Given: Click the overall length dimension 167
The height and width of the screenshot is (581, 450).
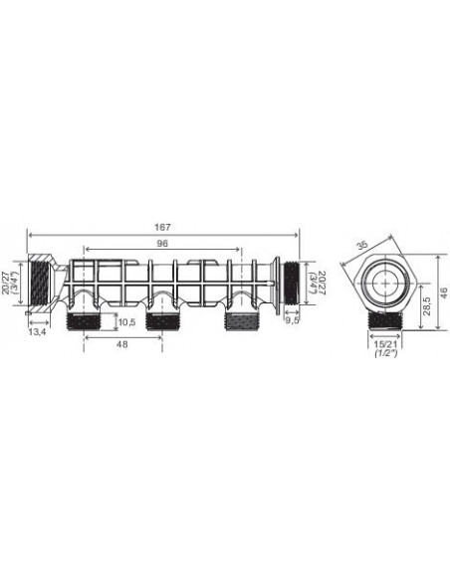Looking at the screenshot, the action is click(x=162, y=227).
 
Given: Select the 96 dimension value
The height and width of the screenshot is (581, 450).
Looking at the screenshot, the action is click(x=162, y=243).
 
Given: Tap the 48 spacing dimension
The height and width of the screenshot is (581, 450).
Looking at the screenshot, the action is click(x=121, y=344).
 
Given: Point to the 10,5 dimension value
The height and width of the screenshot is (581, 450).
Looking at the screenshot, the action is click(x=127, y=321).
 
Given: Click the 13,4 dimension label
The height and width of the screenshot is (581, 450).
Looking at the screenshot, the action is click(x=37, y=332).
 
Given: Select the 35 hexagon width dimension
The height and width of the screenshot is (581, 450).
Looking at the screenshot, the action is click(x=362, y=246).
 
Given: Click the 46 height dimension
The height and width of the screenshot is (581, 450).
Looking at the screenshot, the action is click(x=444, y=291).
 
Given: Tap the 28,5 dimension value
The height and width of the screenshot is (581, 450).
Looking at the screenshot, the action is click(x=427, y=304).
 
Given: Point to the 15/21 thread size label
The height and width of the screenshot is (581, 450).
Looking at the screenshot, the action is click(x=385, y=344).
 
